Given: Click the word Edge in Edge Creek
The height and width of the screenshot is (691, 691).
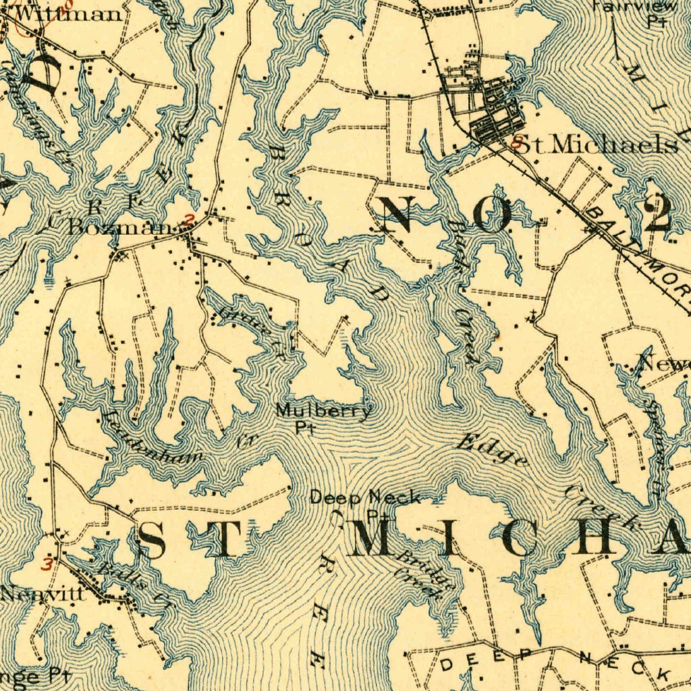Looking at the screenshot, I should [491, 451].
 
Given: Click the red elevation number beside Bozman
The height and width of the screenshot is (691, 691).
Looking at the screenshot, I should [190, 219].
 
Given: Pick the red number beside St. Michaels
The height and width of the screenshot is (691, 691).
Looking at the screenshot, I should [516, 143].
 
